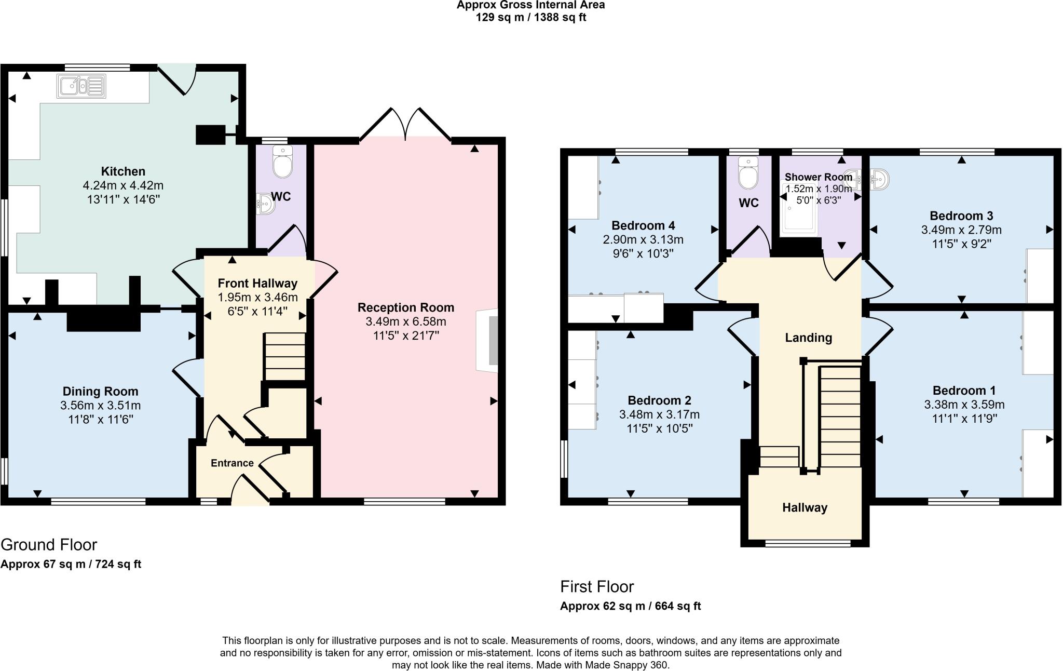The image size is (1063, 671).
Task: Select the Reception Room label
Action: (x=405, y=307)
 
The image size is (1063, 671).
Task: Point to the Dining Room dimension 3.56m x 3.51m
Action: (x=101, y=405)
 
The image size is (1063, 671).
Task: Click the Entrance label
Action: (x=232, y=463)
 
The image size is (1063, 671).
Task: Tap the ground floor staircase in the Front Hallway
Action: (x=285, y=357)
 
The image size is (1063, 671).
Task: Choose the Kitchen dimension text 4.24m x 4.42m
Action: (x=123, y=185)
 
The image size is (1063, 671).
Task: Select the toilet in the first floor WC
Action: (x=748, y=173)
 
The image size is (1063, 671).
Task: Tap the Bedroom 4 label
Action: (x=643, y=225)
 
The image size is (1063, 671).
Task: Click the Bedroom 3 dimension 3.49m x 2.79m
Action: (x=961, y=230)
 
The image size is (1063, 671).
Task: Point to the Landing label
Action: (x=808, y=338)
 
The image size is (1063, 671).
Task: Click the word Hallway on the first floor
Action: (x=805, y=507)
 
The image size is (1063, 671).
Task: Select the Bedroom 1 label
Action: (x=964, y=391)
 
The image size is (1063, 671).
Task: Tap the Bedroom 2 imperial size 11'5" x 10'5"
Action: (x=659, y=428)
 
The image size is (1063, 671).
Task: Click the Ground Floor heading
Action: (x=49, y=544)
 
